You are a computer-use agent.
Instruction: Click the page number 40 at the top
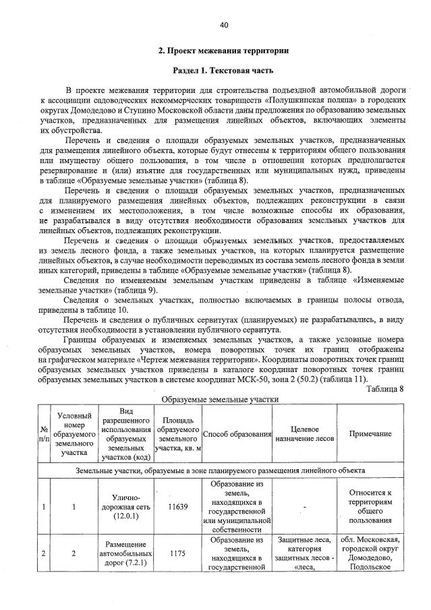click(x=224, y=25)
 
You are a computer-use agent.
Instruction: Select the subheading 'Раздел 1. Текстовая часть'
click(x=223, y=71)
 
